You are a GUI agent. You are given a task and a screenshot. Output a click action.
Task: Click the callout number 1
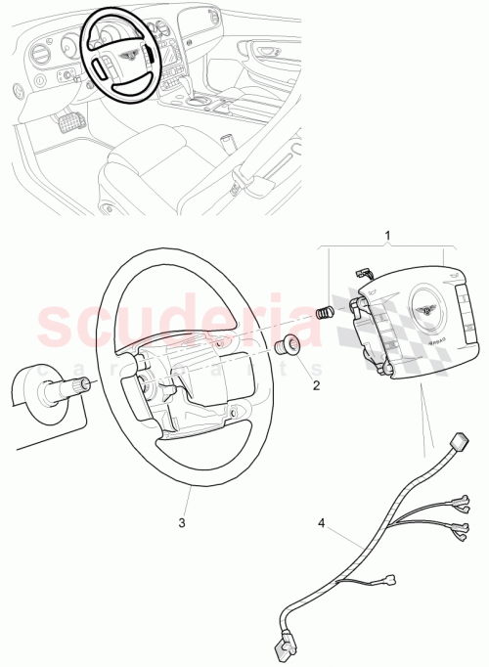click(x=387, y=236)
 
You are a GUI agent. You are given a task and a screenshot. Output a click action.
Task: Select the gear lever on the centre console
click(x=226, y=143)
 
